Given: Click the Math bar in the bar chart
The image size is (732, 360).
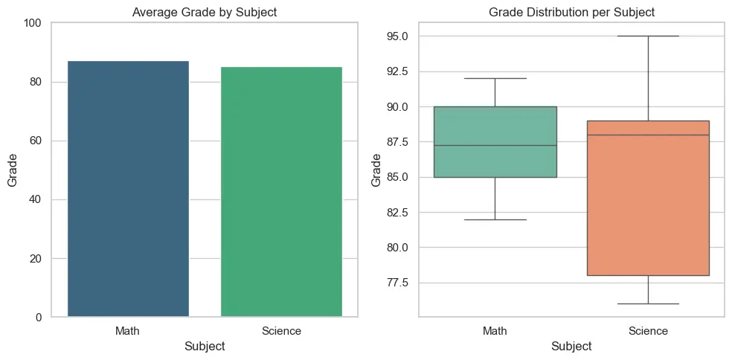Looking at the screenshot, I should pos(128,189).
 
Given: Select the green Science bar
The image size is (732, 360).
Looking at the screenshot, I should pos(281,192).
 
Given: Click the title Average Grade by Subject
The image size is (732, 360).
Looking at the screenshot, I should pos(204,11).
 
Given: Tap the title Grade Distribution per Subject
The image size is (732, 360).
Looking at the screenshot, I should pos(571,11).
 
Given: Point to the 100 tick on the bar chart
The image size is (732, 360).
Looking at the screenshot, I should pos(33,23).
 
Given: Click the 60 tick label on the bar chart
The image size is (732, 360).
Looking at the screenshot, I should pos(36,141).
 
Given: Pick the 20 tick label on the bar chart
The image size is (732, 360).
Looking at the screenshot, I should pos(36,259).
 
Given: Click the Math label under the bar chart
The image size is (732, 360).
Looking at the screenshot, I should pos(128,330).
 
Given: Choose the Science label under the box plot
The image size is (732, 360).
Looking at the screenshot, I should pos(648,330).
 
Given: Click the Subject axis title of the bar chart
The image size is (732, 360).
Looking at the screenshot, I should pos(204,346).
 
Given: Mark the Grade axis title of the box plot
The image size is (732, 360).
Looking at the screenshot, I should pos(376,170).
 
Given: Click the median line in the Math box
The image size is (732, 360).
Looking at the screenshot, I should pos(495,145).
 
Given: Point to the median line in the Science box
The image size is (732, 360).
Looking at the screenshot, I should pos(648,135).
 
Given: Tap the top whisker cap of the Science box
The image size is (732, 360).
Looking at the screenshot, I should pos(648,36).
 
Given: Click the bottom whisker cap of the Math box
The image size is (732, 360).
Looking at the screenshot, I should pos(495,219).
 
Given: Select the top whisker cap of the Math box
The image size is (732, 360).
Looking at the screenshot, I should pos(495,78).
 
